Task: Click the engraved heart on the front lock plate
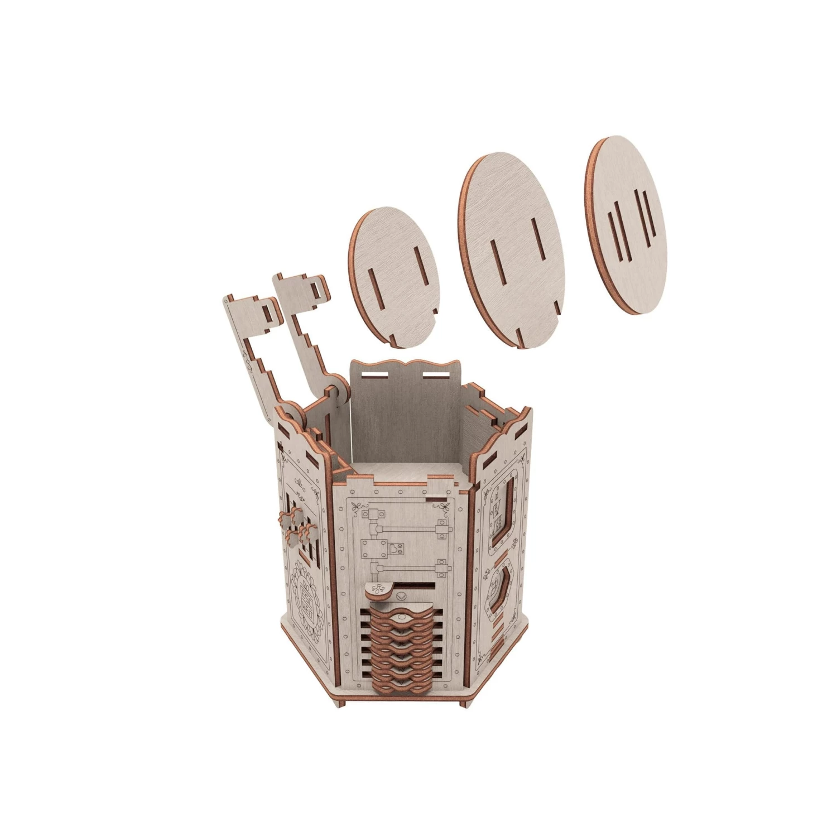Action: [x=395, y=548]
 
